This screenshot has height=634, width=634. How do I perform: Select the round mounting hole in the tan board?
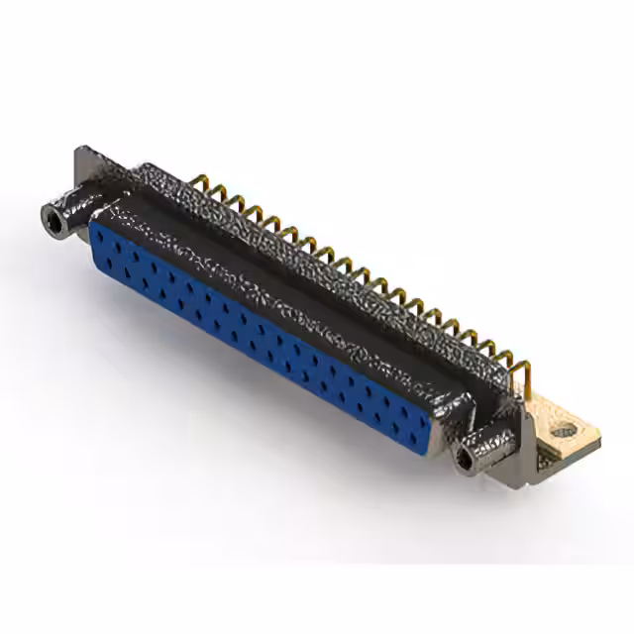click(563, 430)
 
